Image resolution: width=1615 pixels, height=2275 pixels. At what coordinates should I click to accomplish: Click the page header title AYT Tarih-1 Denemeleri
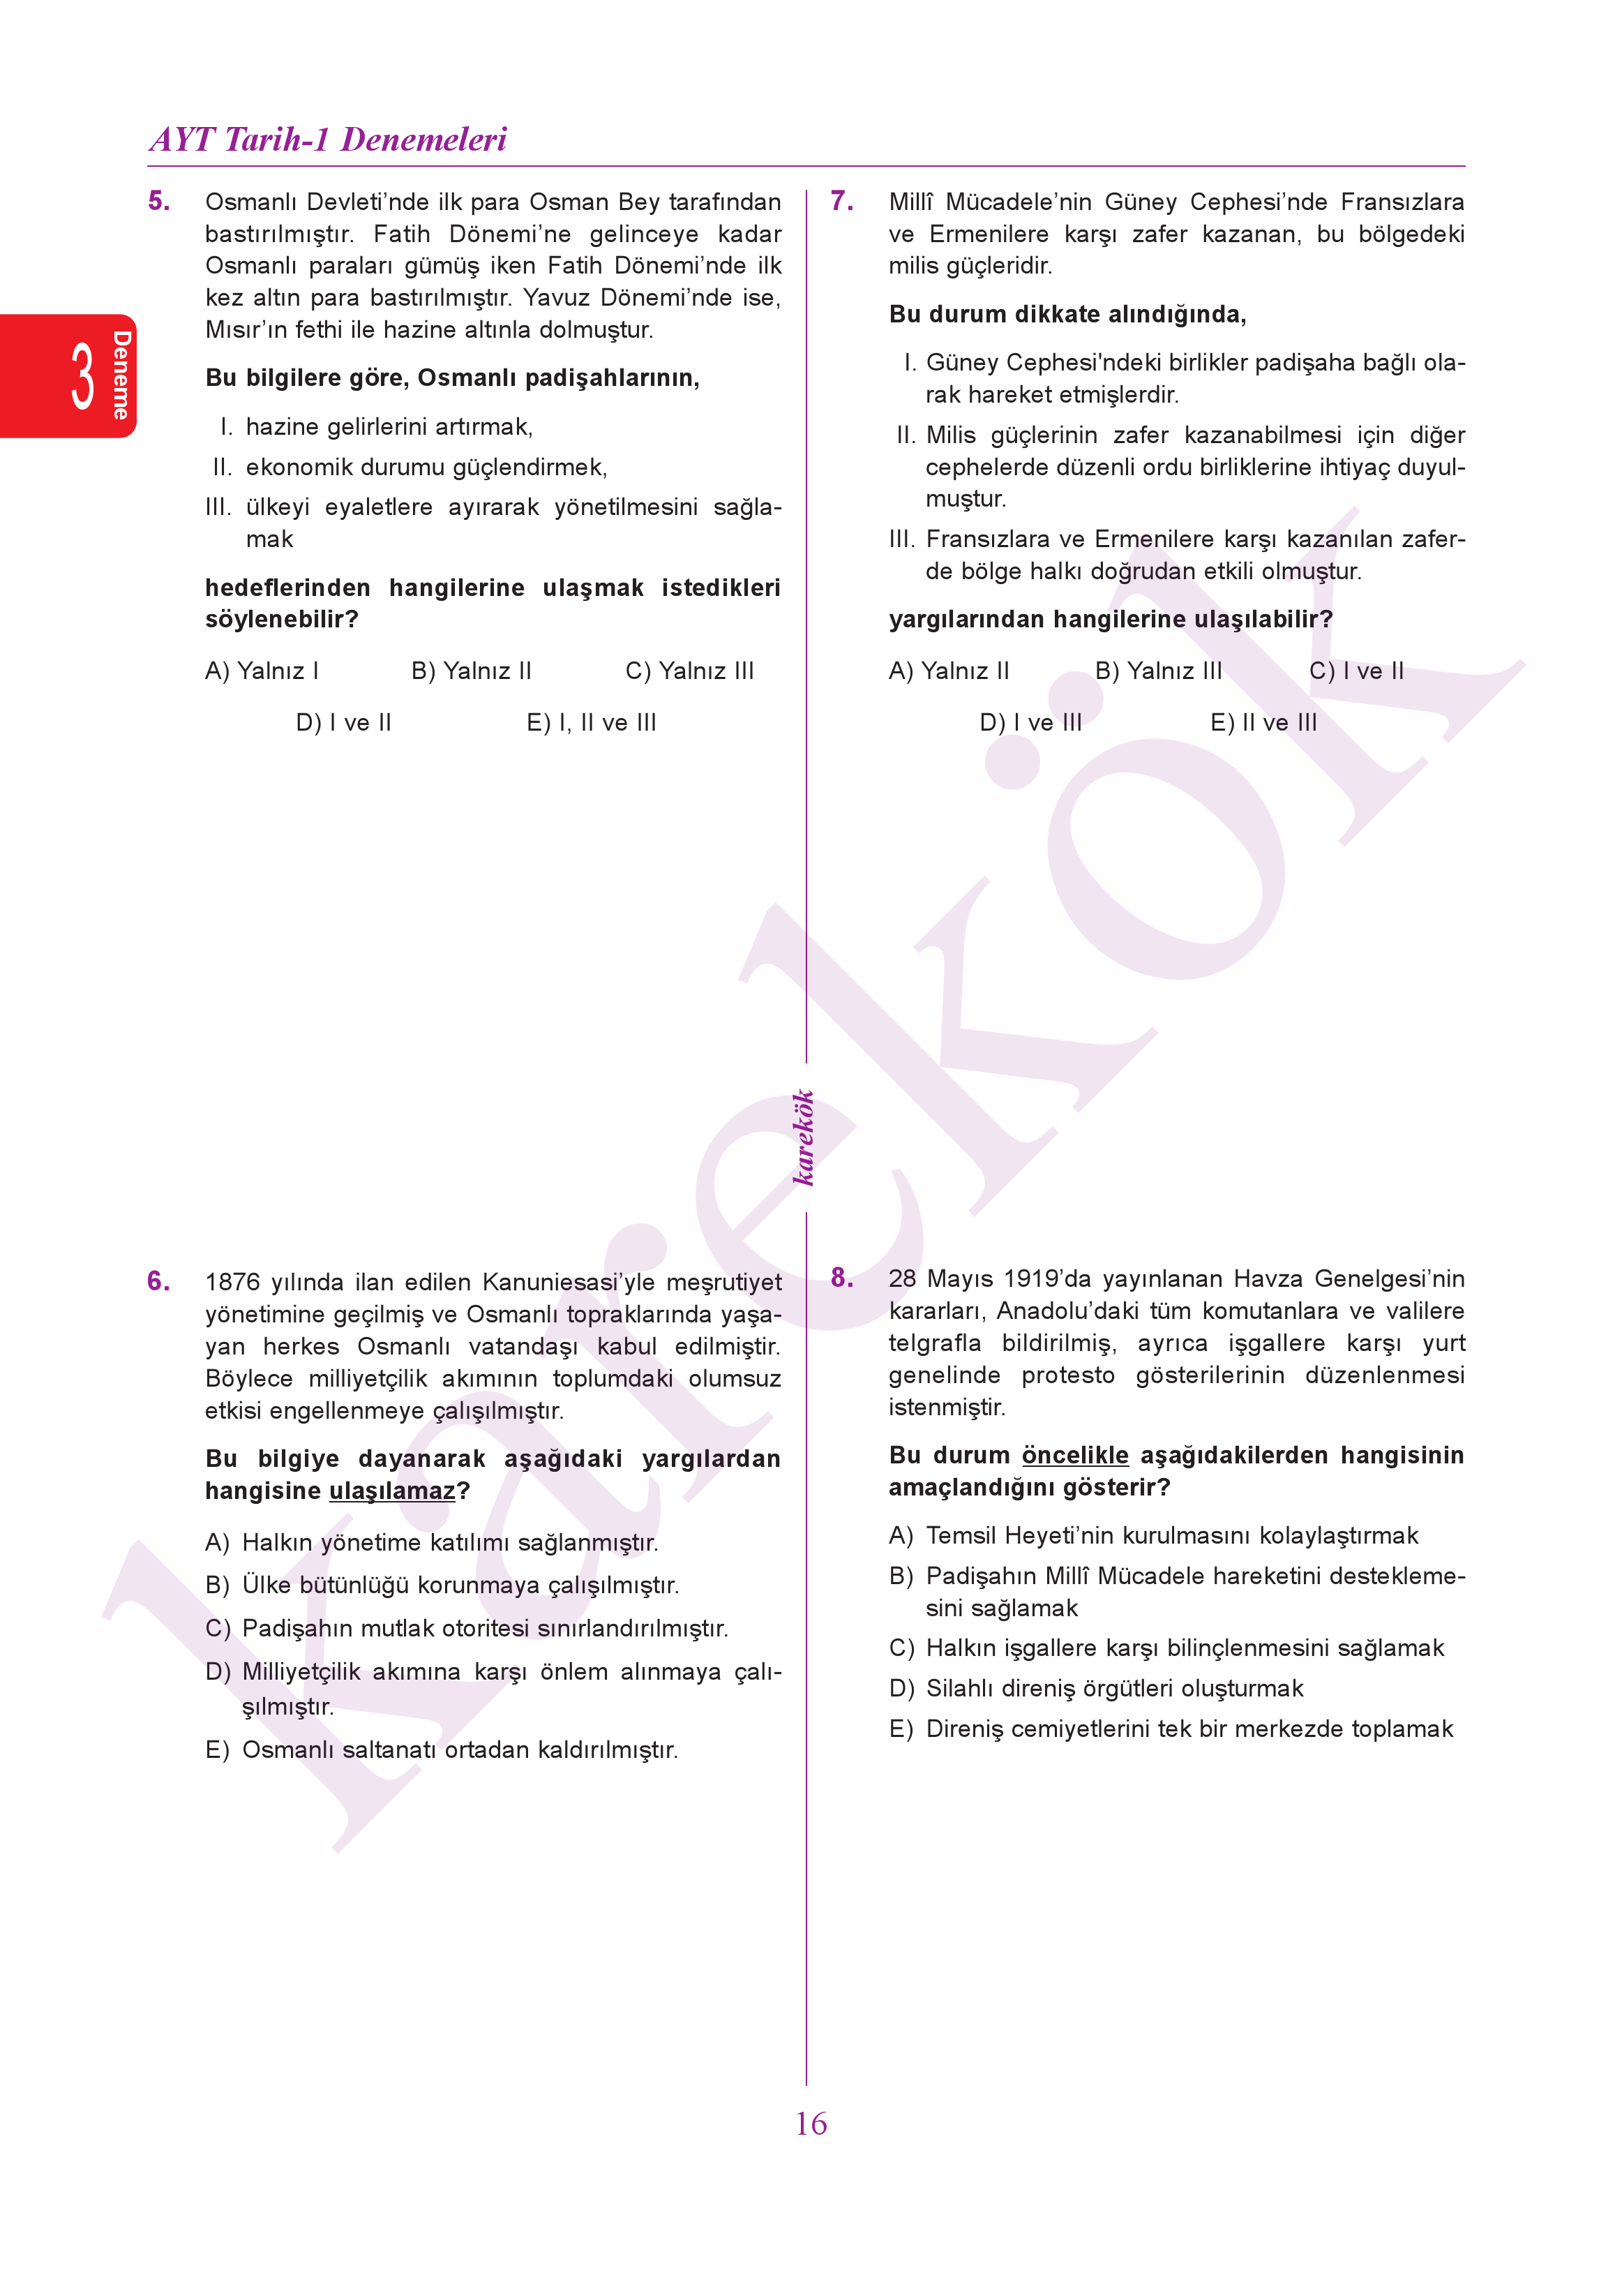(x=328, y=140)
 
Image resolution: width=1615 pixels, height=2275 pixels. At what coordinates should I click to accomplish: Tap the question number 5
(x=158, y=201)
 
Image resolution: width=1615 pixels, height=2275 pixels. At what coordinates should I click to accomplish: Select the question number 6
(x=158, y=1281)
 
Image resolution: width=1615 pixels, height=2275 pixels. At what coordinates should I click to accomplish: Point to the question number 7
(x=841, y=201)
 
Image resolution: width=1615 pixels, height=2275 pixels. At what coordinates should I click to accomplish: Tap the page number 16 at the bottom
(x=811, y=2124)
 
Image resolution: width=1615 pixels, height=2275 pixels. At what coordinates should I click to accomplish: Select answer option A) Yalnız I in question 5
(x=262, y=671)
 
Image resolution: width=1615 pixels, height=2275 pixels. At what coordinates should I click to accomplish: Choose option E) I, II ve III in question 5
(x=591, y=723)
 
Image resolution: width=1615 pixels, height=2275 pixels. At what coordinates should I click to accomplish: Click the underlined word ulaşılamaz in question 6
(x=392, y=1491)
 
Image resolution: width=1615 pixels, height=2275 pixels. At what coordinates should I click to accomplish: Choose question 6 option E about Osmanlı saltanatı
(x=442, y=1750)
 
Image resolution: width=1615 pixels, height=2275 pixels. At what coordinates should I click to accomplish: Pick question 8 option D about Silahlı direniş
(x=1096, y=1688)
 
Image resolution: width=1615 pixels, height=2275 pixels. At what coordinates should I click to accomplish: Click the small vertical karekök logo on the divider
(x=804, y=1138)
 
